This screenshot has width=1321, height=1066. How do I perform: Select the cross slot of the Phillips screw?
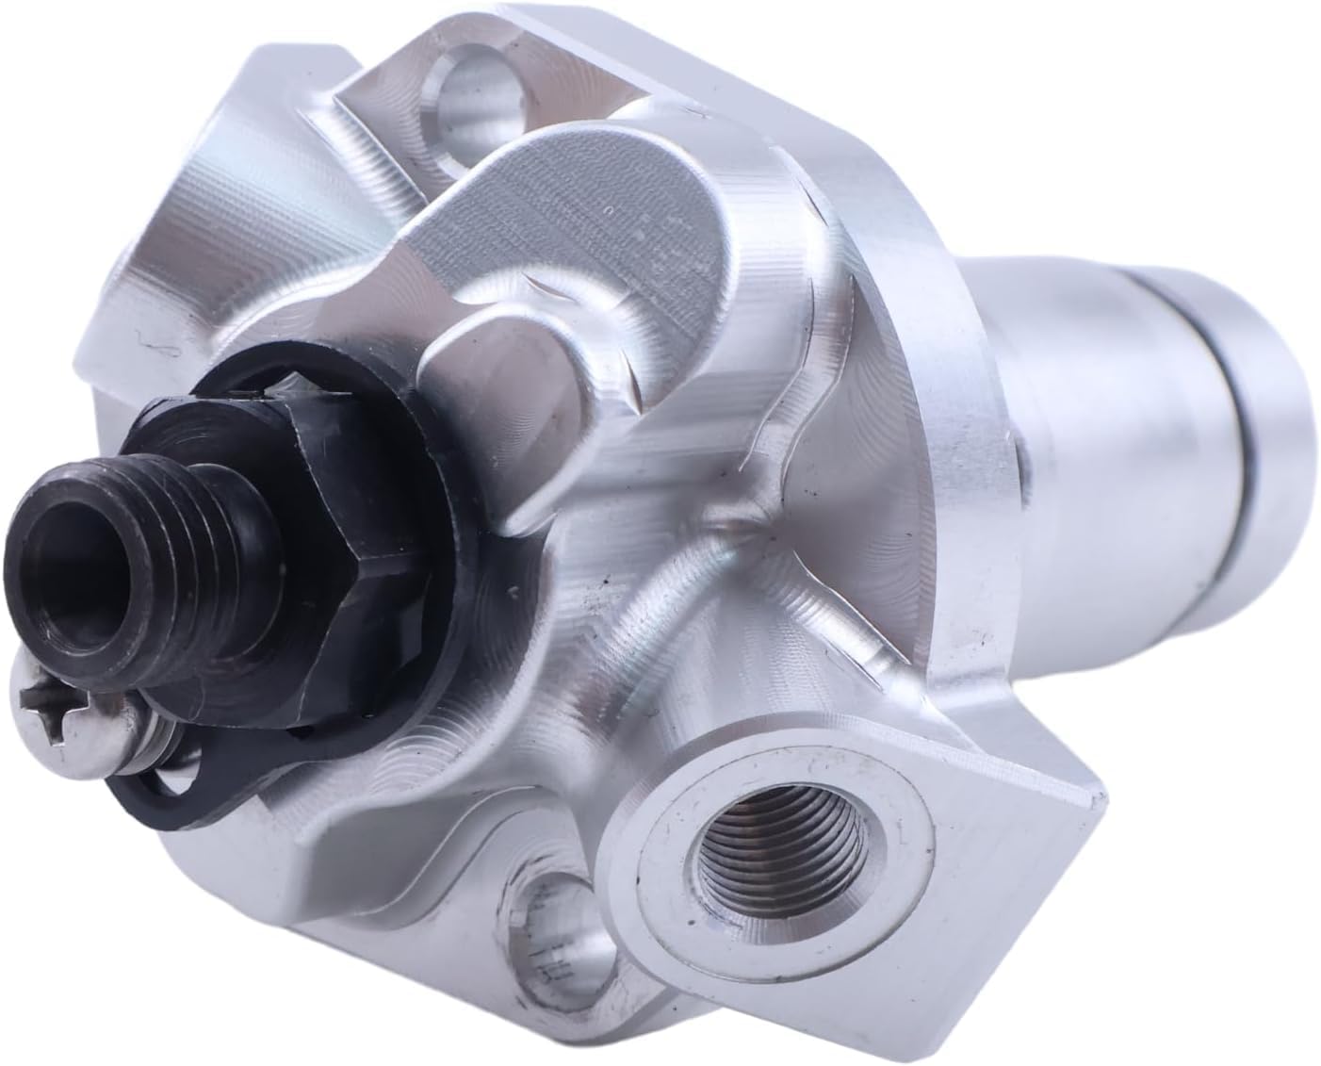click(57, 701)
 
